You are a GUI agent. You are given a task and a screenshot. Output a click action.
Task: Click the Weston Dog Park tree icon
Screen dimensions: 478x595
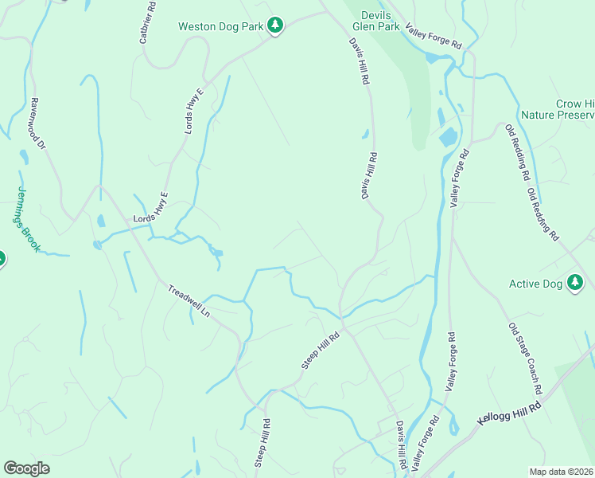[275, 25]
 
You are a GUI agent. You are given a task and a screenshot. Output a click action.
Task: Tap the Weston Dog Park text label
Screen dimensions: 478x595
[220, 26]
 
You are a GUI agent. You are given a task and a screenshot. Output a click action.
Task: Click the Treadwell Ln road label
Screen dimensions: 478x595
[189, 303]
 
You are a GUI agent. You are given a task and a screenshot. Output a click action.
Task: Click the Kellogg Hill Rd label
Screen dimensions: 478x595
[509, 412]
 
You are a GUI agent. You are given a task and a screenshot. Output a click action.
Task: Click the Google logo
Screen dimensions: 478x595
[26, 468]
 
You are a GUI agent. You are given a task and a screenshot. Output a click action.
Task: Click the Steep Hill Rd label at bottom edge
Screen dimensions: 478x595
[262, 443]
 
